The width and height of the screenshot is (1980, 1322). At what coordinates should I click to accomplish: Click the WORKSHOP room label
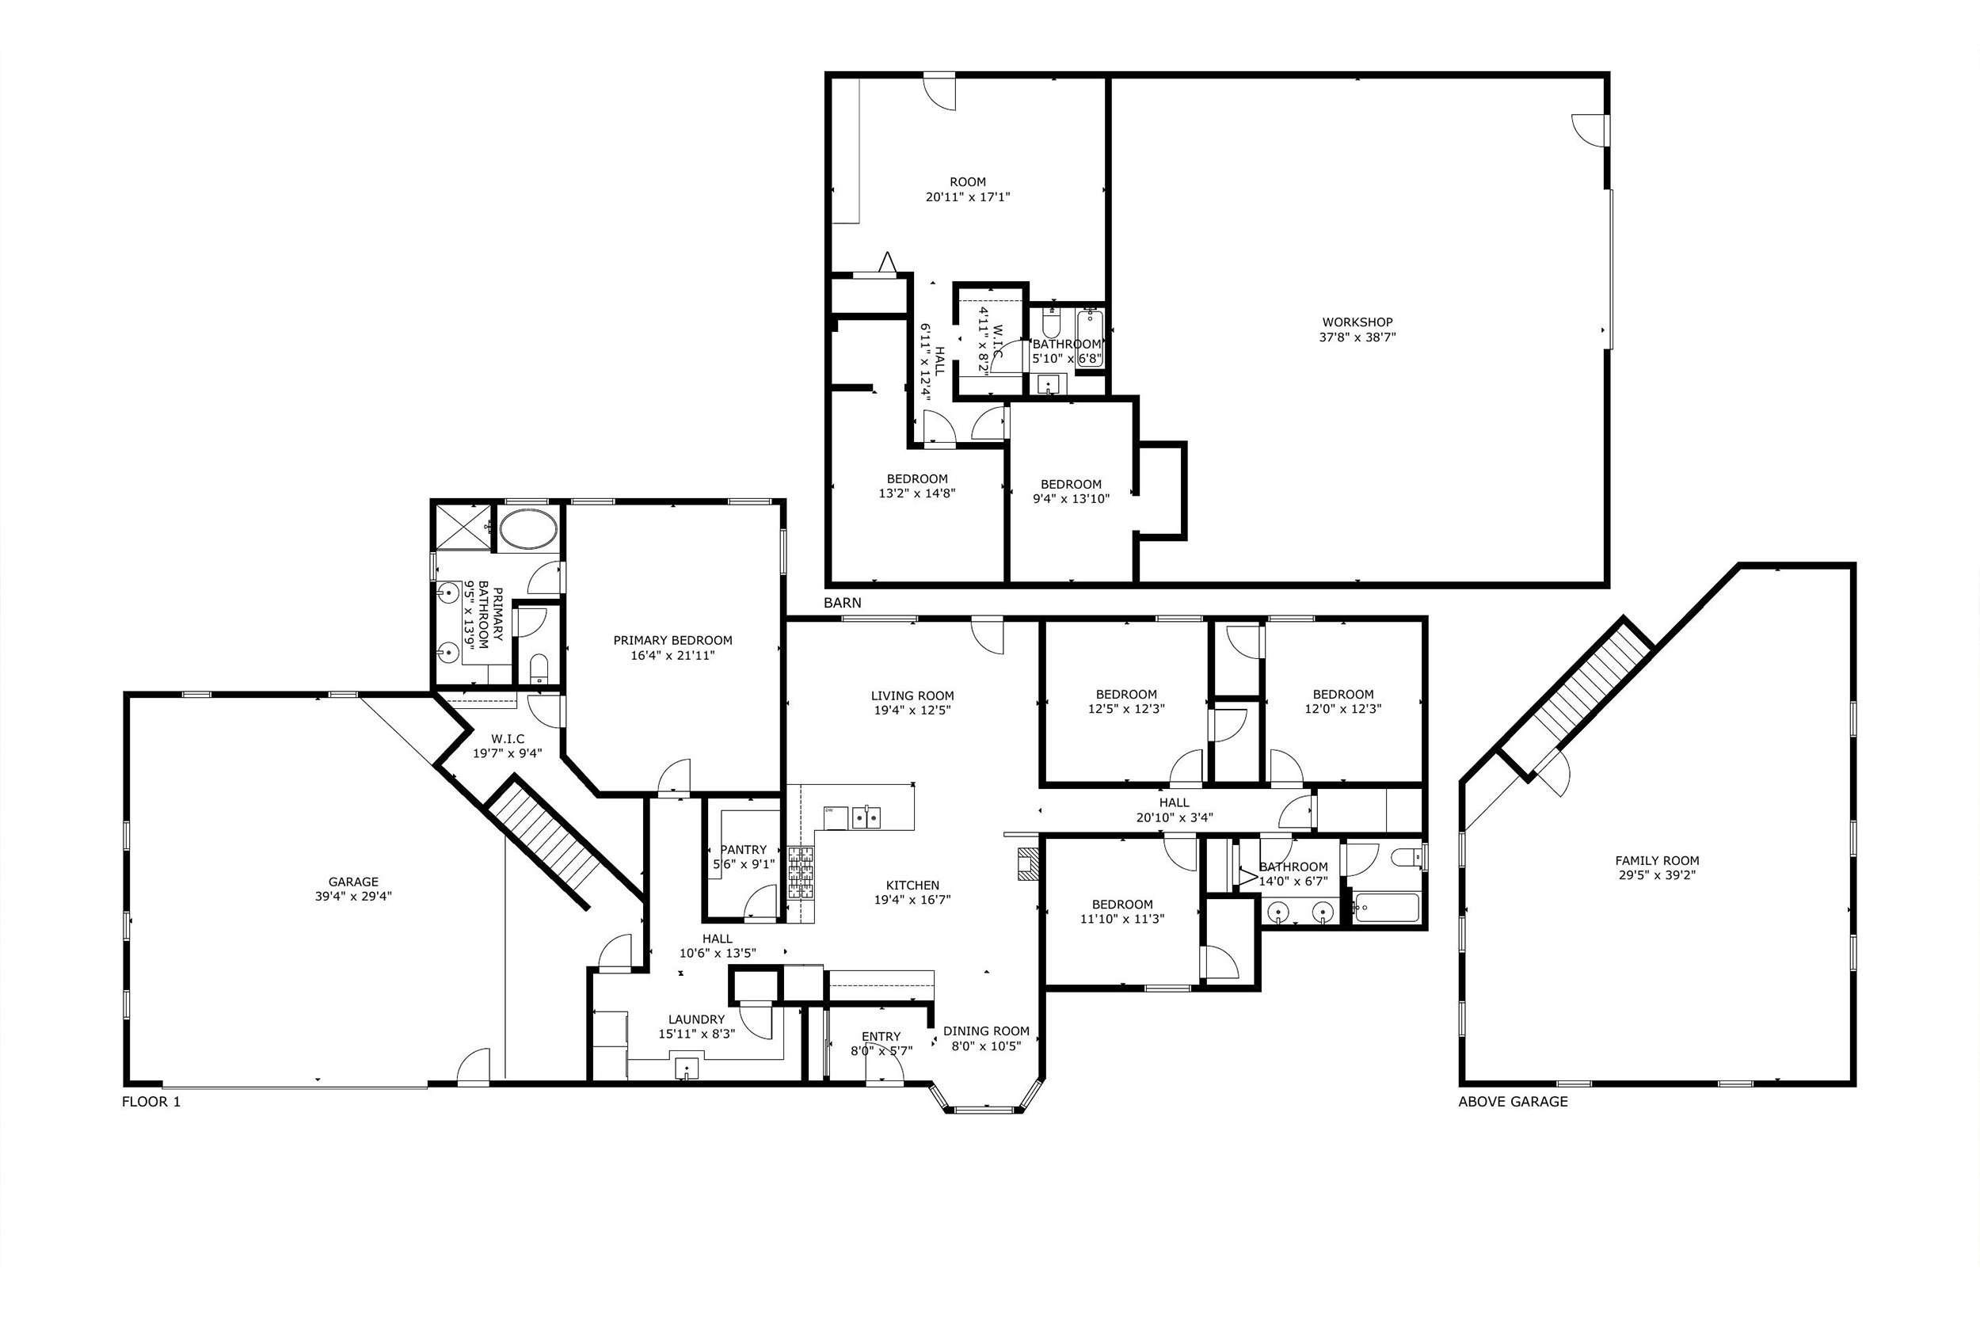tap(1356, 322)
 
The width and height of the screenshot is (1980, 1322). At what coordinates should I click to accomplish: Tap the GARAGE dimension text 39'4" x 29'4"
tap(353, 896)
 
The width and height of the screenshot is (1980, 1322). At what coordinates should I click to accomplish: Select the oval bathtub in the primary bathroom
tap(527, 528)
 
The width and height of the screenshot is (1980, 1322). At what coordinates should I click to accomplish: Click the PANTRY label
tap(744, 850)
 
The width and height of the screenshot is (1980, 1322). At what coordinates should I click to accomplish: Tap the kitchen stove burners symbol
tap(801, 874)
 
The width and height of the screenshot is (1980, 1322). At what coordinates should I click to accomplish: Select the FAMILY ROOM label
tap(1656, 861)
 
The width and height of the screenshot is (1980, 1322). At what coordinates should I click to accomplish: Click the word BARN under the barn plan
tap(842, 603)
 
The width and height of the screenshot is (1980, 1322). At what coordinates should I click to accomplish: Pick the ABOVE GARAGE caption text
tap(1512, 1101)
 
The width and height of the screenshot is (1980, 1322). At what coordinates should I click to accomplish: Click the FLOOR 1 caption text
tap(151, 1101)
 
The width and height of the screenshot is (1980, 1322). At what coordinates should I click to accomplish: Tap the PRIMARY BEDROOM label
tap(672, 641)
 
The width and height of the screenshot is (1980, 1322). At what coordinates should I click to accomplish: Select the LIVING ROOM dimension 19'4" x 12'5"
tap(912, 710)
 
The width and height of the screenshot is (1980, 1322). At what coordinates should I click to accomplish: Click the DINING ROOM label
tap(985, 1031)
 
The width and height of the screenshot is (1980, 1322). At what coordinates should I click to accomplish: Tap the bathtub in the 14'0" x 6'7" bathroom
tap(1386, 909)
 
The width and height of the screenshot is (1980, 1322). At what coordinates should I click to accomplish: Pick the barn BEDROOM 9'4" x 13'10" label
tap(1071, 485)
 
